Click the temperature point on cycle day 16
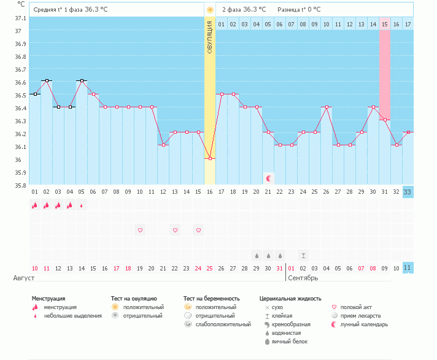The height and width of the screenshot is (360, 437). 210,158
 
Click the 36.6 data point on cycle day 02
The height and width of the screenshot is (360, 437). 47,81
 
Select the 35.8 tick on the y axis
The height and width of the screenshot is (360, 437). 20,185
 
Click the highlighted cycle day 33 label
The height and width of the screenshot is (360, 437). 408,191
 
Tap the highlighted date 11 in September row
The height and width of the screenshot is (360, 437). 408,268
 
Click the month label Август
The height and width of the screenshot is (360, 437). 24,278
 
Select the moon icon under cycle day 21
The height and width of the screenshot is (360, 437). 268,178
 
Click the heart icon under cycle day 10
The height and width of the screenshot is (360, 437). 140,230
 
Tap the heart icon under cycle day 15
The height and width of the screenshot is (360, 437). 198,230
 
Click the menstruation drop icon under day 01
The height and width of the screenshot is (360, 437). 35,205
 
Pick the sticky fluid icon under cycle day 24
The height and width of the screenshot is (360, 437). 303,255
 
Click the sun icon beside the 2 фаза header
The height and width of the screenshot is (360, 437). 210,10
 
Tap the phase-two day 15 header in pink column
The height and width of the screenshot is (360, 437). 384,24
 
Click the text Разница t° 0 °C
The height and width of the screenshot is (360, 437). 303,10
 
